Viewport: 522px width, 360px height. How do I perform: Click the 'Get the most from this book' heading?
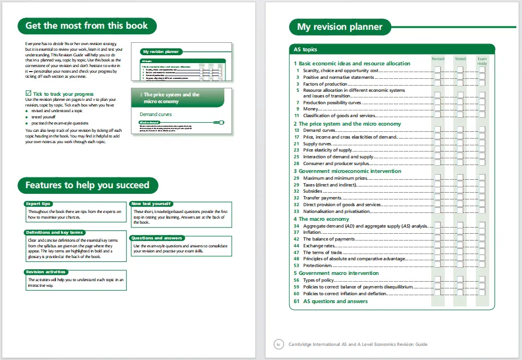[87, 26]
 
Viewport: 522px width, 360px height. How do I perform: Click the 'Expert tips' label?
[38, 203]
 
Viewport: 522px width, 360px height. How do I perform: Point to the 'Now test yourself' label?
[151, 203]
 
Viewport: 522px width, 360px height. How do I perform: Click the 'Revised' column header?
[437, 59]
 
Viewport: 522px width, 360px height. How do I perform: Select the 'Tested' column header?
[460, 59]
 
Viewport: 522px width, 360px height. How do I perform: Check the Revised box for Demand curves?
[437, 130]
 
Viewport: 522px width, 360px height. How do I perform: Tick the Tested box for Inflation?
[460, 232]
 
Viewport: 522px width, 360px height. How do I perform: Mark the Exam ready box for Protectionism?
[483, 265]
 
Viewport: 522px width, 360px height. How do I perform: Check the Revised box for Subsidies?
[437, 191]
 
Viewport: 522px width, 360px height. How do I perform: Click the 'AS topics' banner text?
[306, 50]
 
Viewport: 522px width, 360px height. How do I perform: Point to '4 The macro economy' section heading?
[321, 219]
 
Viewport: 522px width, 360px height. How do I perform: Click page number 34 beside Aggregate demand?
[296, 226]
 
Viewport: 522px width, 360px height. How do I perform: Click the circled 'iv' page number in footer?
[278, 344]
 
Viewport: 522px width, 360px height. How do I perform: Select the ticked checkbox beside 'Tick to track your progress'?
[29, 94]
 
